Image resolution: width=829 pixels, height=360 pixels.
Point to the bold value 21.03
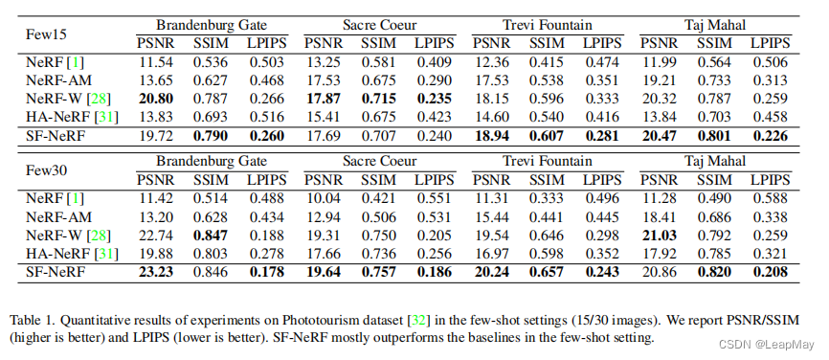click(x=659, y=235)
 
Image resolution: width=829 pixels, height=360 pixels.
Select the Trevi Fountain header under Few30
click(x=547, y=161)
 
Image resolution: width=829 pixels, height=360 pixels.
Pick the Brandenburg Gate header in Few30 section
click(x=213, y=161)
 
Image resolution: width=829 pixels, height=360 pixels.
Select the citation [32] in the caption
click(x=418, y=319)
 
